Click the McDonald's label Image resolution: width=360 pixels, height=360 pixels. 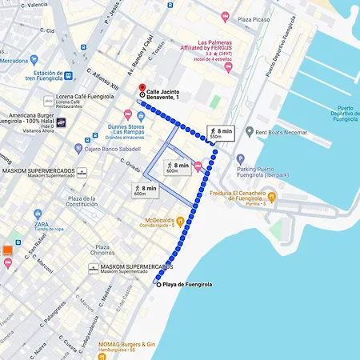164,222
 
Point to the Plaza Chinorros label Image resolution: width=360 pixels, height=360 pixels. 102,251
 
